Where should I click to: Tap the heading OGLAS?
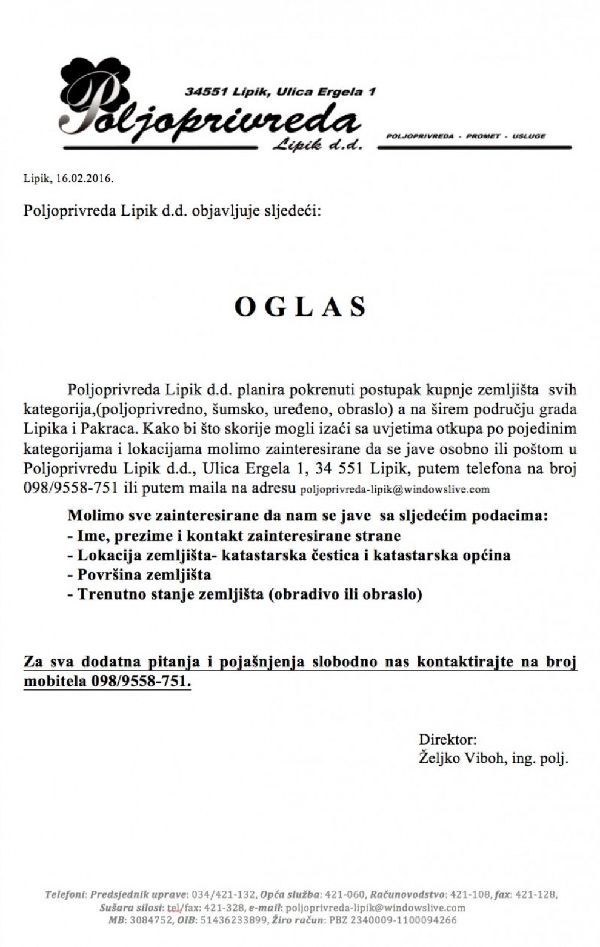301,307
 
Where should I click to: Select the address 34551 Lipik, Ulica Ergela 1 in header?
280,91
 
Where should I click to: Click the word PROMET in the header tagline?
483,136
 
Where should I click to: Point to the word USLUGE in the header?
528,136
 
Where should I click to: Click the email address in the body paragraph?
395,489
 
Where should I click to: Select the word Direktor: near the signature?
447,739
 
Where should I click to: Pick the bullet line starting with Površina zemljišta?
139,574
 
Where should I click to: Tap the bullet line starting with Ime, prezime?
234,536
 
